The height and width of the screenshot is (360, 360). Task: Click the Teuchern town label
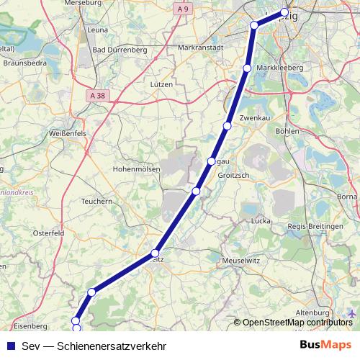pyautogui.click(x=97, y=202)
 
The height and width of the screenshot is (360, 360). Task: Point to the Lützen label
pyautogui.click(x=161, y=84)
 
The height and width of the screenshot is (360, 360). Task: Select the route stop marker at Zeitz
pyautogui.click(x=155, y=253)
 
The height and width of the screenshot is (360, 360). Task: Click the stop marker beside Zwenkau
pyautogui.click(x=227, y=126)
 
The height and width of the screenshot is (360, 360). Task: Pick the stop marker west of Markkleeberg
pyautogui.click(x=247, y=68)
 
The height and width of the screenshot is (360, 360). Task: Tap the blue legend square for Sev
pyautogui.click(x=9, y=345)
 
